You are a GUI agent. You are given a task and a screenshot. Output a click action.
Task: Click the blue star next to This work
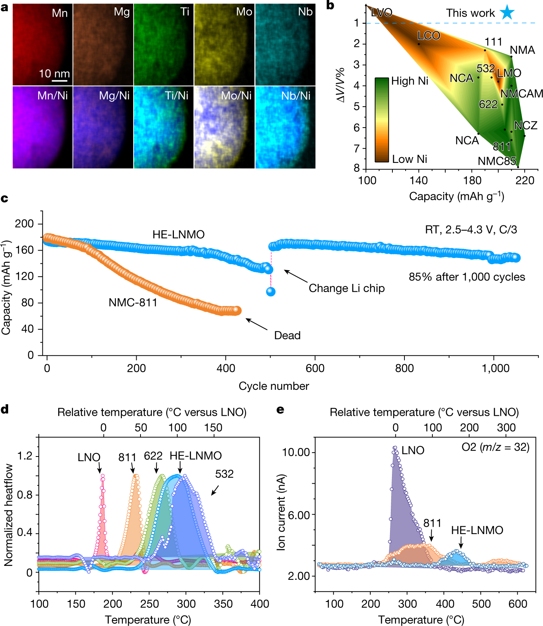507,12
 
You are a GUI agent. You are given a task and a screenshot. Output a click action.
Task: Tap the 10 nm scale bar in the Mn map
60,81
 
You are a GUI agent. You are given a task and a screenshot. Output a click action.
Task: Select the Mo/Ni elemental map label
236,95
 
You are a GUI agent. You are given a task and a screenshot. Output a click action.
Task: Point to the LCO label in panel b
429,36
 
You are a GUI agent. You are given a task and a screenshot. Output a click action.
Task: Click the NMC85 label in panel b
497,161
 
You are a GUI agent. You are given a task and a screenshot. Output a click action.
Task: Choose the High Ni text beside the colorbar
409,81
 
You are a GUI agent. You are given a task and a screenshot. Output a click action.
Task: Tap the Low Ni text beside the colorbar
409,159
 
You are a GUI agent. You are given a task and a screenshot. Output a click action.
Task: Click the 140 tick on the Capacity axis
419,180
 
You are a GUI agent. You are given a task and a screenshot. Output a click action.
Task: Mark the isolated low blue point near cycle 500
271,292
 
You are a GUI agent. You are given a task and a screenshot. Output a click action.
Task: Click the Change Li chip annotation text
347,288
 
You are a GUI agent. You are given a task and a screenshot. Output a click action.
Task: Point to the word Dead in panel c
287,335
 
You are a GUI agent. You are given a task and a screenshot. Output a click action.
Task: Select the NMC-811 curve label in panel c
133,303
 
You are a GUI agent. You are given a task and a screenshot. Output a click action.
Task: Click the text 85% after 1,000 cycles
467,277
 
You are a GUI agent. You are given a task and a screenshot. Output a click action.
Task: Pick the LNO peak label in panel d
89,457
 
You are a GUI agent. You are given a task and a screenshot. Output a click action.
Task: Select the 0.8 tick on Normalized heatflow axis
25,495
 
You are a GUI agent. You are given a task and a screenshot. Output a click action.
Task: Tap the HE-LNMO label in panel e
477,530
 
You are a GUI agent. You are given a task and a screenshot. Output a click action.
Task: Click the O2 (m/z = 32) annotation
495,447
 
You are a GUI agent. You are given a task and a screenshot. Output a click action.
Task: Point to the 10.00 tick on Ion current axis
296,452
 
